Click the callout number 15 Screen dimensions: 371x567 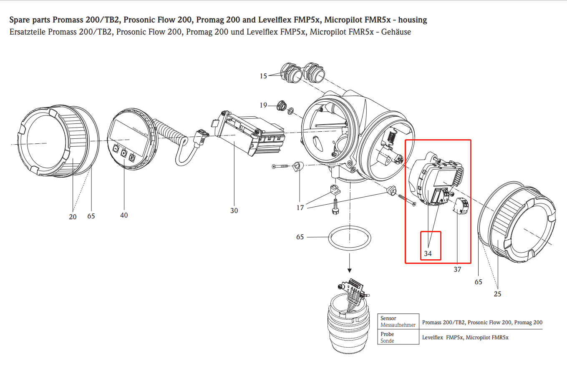[263, 76]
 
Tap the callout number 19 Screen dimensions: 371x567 [263, 105]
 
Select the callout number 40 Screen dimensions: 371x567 [124, 215]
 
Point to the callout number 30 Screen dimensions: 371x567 [234, 211]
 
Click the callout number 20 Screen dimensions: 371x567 [73, 217]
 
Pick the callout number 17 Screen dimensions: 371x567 [300, 208]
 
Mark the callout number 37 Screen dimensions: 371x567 [457, 269]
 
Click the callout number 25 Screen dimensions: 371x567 [497, 294]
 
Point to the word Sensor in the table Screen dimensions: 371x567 [388, 318]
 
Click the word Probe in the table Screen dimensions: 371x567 [387, 334]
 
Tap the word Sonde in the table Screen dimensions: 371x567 [387, 341]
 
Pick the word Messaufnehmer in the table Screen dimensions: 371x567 [398, 325]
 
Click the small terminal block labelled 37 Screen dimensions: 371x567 [461, 206]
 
